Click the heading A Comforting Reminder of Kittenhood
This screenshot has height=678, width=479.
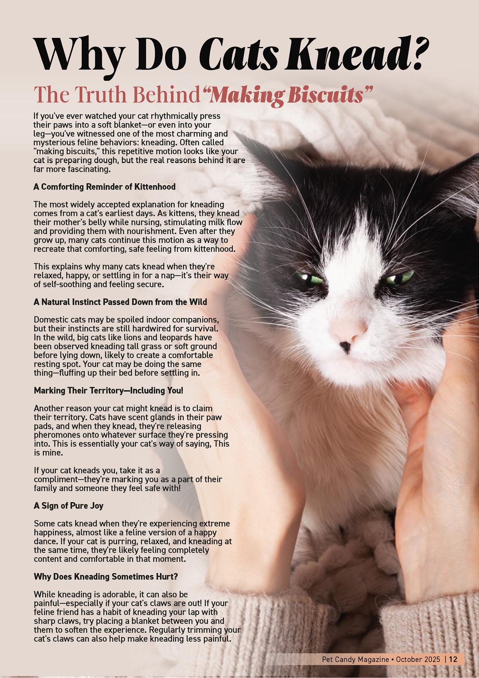[x=104, y=187]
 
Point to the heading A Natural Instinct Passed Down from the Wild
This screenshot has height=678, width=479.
[x=120, y=302]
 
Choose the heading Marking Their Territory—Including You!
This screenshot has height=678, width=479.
[x=108, y=390]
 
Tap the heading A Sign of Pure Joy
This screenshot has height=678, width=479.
[x=68, y=506]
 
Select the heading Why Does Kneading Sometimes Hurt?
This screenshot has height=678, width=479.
[x=106, y=577]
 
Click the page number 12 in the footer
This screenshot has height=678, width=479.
[x=453, y=659]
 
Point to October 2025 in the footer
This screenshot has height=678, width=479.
[x=417, y=659]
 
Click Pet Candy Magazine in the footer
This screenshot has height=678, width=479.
[x=355, y=659]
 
